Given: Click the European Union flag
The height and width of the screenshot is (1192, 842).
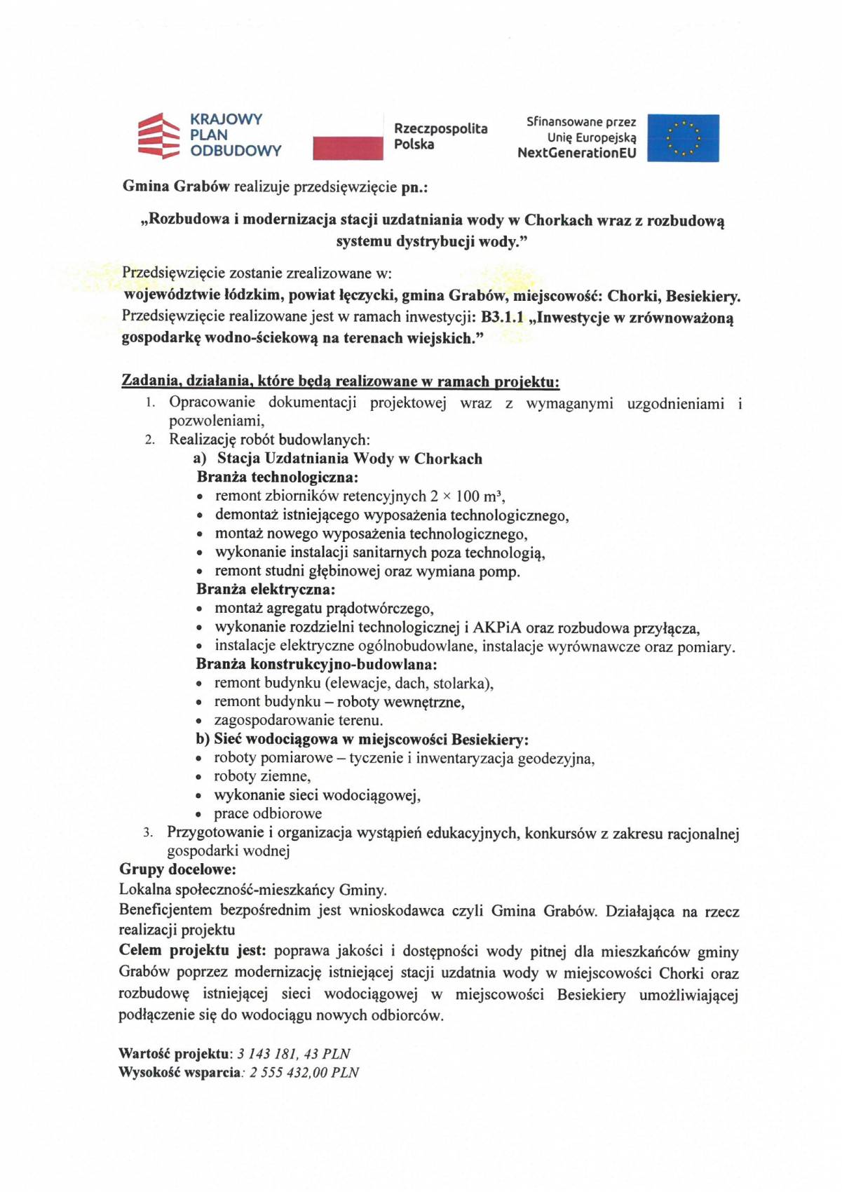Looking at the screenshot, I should (x=682, y=138).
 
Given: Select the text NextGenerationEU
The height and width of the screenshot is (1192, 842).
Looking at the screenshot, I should (x=576, y=153).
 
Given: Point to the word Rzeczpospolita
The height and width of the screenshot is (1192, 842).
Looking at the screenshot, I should (x=440, y=128).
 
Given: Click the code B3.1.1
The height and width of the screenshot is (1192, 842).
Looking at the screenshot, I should (x=502, y=317).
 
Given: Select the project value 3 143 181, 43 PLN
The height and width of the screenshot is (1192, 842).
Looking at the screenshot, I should (x=294, y=1053).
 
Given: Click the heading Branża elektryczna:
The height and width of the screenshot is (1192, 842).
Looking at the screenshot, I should (x=266, y=589).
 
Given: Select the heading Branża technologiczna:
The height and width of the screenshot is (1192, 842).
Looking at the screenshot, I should (x=277, y=477).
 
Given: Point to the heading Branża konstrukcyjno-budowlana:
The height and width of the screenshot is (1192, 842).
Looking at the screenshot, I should (x=316, y=663).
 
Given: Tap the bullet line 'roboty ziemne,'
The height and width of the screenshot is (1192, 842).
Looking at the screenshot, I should (x=262, y=776).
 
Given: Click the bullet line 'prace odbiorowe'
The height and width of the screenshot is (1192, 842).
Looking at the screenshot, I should (x=268, y=813).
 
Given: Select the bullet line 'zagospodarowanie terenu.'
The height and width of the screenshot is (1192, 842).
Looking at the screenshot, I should (x=298, y=720).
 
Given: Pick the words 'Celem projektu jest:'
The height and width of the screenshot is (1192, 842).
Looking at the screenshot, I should (x=192, y=951).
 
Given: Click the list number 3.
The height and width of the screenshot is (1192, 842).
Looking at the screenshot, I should (x=147, y=833).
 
